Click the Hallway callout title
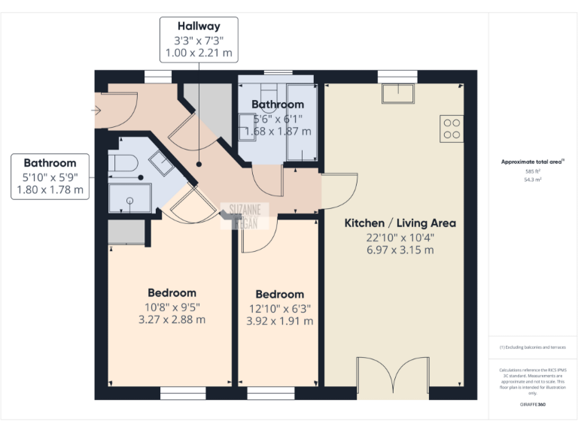[x=199, y=26]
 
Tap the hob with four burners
[x=452, y=129]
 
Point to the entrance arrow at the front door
[x=96, y=111]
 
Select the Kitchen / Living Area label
[x=400, y=223]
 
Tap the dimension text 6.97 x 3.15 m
[x=400, y=250]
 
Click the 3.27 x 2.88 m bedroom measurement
[x=172, y=319]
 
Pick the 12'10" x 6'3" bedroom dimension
[x=279, y=308]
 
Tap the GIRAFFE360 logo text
[x=532, y=404]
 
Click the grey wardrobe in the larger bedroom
[x=126, y=232]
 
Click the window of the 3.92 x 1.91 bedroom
[x=271, y=393]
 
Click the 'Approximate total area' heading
[x=531, y=162]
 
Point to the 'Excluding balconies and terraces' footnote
[x=532, y=347]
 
